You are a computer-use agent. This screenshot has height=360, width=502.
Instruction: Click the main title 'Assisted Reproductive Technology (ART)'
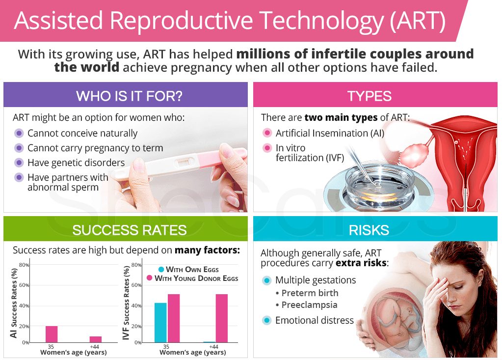click(230, 21)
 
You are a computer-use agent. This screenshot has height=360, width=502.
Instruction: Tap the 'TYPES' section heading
click(370, 95)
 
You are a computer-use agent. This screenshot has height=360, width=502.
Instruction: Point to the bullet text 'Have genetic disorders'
click(76, 163)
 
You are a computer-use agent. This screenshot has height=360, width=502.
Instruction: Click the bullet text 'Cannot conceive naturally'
click(82, 133)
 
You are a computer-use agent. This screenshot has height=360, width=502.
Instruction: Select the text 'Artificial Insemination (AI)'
click(330, 133)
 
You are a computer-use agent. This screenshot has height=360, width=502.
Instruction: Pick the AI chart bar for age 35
click(52, 334)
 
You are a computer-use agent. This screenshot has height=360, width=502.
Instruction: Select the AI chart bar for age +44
click(96, 339)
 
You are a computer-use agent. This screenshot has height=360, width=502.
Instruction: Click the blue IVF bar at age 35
click(160, 322)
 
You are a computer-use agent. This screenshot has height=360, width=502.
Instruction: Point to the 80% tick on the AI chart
click(24, 265)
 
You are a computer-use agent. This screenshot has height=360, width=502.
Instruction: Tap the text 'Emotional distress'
click(314, 320)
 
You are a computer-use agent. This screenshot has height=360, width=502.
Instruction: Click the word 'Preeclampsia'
click(309, 305)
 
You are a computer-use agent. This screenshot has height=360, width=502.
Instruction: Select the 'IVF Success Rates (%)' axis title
click(126, 303)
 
